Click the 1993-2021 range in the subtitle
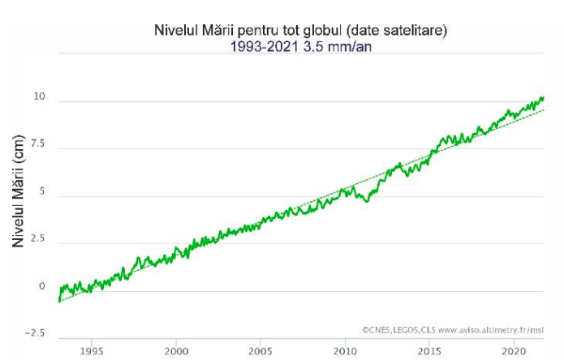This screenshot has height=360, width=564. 262,46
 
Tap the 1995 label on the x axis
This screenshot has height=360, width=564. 91,351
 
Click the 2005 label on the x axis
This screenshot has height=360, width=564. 260,351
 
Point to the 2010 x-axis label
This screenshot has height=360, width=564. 345,351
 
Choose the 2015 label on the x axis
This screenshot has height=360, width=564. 429,351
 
